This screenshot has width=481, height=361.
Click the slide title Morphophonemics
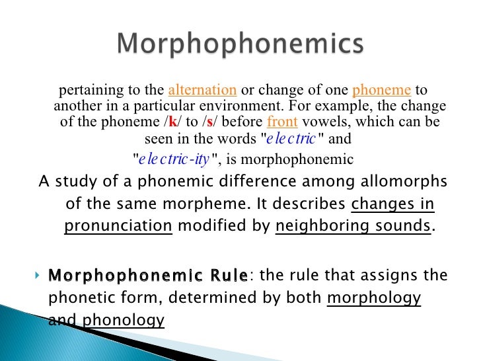[240, 45]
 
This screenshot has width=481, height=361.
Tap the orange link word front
[282, 122]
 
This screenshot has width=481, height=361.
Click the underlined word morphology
[374, 298]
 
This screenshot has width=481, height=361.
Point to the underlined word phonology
[124, 321]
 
